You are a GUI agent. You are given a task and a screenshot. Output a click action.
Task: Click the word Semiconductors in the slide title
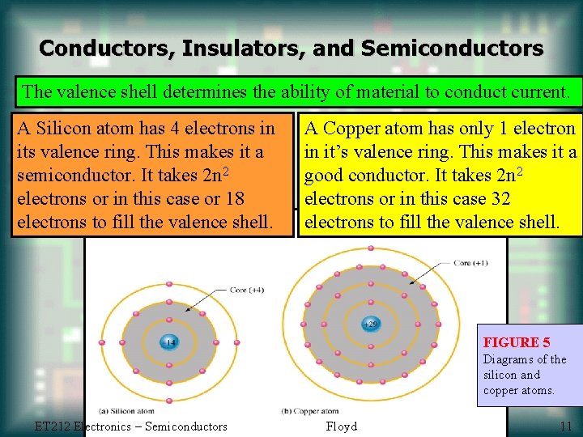(453, 49)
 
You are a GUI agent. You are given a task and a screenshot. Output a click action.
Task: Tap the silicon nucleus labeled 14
(169, 342)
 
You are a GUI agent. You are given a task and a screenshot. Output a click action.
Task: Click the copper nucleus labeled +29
(370, 324)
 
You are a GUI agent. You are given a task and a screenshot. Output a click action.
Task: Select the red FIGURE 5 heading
(516, 342)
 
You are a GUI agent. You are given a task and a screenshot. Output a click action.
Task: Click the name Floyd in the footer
(341, 426)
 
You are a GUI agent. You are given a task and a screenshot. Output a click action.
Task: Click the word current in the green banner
(538, 91)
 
